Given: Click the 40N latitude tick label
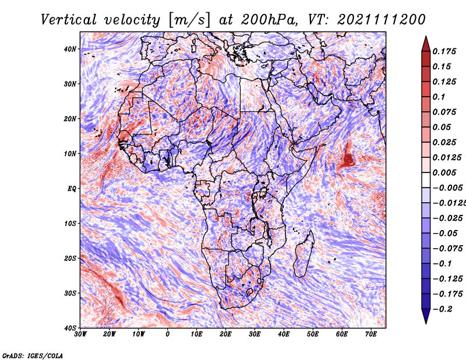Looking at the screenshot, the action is click(70, 49).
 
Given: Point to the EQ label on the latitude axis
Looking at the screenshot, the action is click(72, 189).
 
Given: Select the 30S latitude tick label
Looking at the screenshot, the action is click(70, 293).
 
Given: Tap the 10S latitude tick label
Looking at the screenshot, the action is click(70, 223).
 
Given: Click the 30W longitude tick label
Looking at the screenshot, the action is click(80, 334).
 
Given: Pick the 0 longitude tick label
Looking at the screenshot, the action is click(168, 334).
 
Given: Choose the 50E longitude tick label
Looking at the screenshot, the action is click(313, 334).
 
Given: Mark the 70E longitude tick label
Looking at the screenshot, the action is click(370, 334).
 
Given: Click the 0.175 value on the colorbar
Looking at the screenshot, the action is click(444, 51).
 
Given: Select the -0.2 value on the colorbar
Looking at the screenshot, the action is click(442, 309).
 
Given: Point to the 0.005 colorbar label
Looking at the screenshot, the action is click(444, 172).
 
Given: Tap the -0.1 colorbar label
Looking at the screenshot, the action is click(442, 263).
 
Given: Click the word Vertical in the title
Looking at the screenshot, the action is click(69, 20).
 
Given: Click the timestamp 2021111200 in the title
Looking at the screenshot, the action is click(382, 20).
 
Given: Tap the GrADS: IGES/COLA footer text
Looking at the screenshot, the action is click(33, 355).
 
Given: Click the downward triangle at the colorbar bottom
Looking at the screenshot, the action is click(426, 316).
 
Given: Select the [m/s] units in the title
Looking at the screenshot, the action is click(189, 20).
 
